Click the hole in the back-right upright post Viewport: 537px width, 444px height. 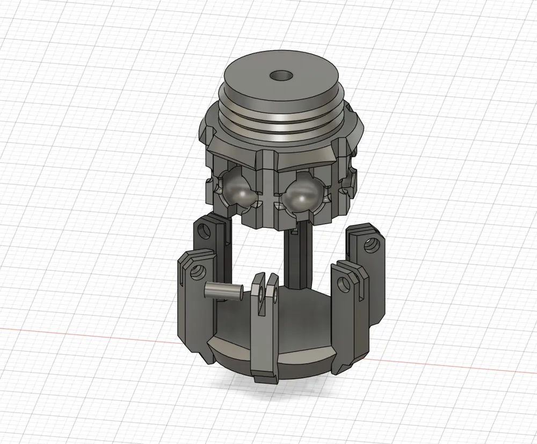[368, 246]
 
